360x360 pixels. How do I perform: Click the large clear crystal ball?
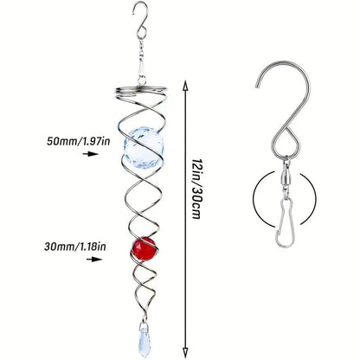pos(144,149)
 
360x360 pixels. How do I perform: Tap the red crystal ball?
pos(144,248)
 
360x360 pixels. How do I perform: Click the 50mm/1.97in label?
pos(79,141)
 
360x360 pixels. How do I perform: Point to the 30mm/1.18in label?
pos(75,247)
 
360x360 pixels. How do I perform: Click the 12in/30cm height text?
pos(196,188)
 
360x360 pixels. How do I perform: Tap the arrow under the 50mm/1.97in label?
pos(91,154)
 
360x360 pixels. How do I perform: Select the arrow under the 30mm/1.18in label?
pos(94,260)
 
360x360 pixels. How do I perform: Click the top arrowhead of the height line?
pos(185,86)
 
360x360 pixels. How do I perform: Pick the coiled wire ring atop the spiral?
pos(140,92)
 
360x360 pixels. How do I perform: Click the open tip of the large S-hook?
pos(257,85)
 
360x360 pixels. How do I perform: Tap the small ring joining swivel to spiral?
pos(142,80)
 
